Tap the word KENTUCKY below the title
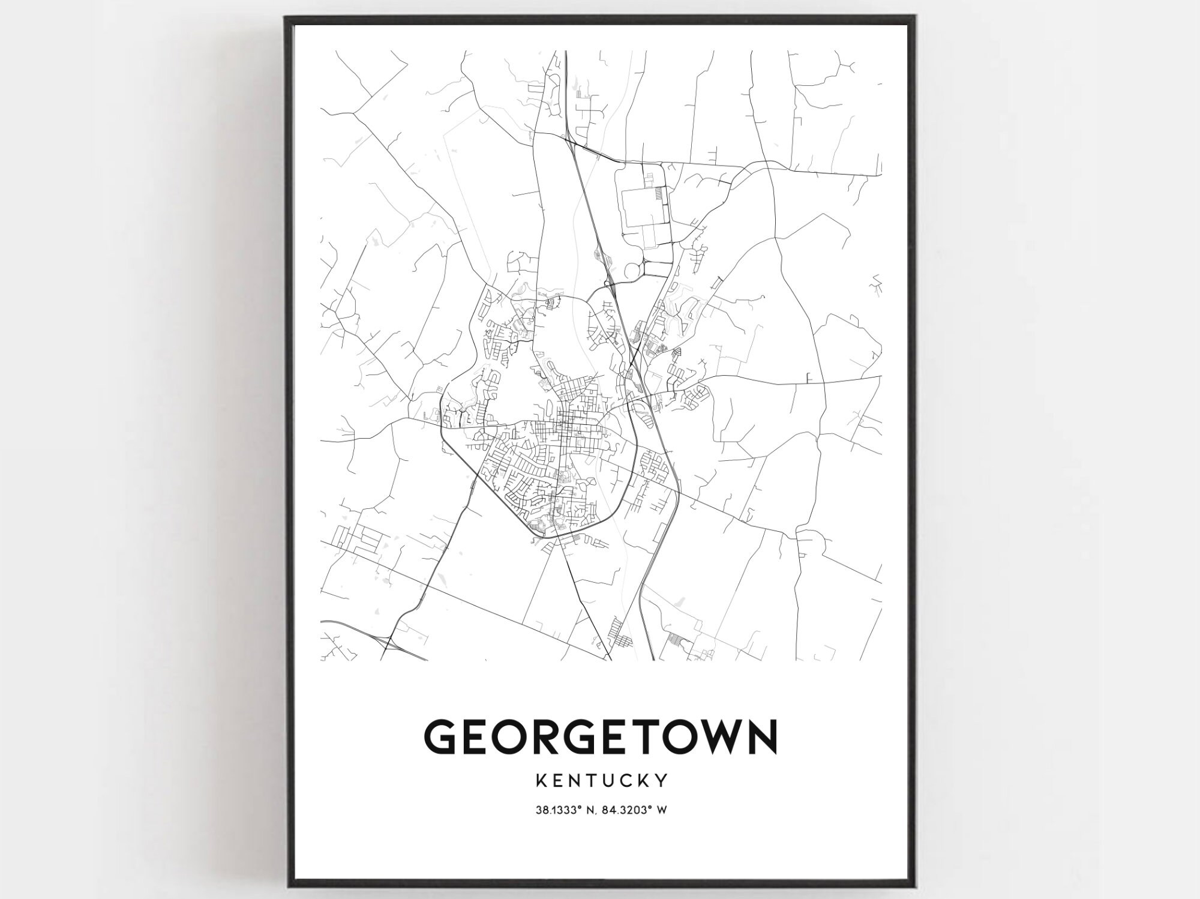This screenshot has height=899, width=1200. click(x=600, y=781)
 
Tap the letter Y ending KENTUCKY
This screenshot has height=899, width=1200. click(x=662, y=781)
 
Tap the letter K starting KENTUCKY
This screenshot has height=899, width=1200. click(x=538, y=781)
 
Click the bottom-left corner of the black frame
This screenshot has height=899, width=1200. click(x=287, y=885)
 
